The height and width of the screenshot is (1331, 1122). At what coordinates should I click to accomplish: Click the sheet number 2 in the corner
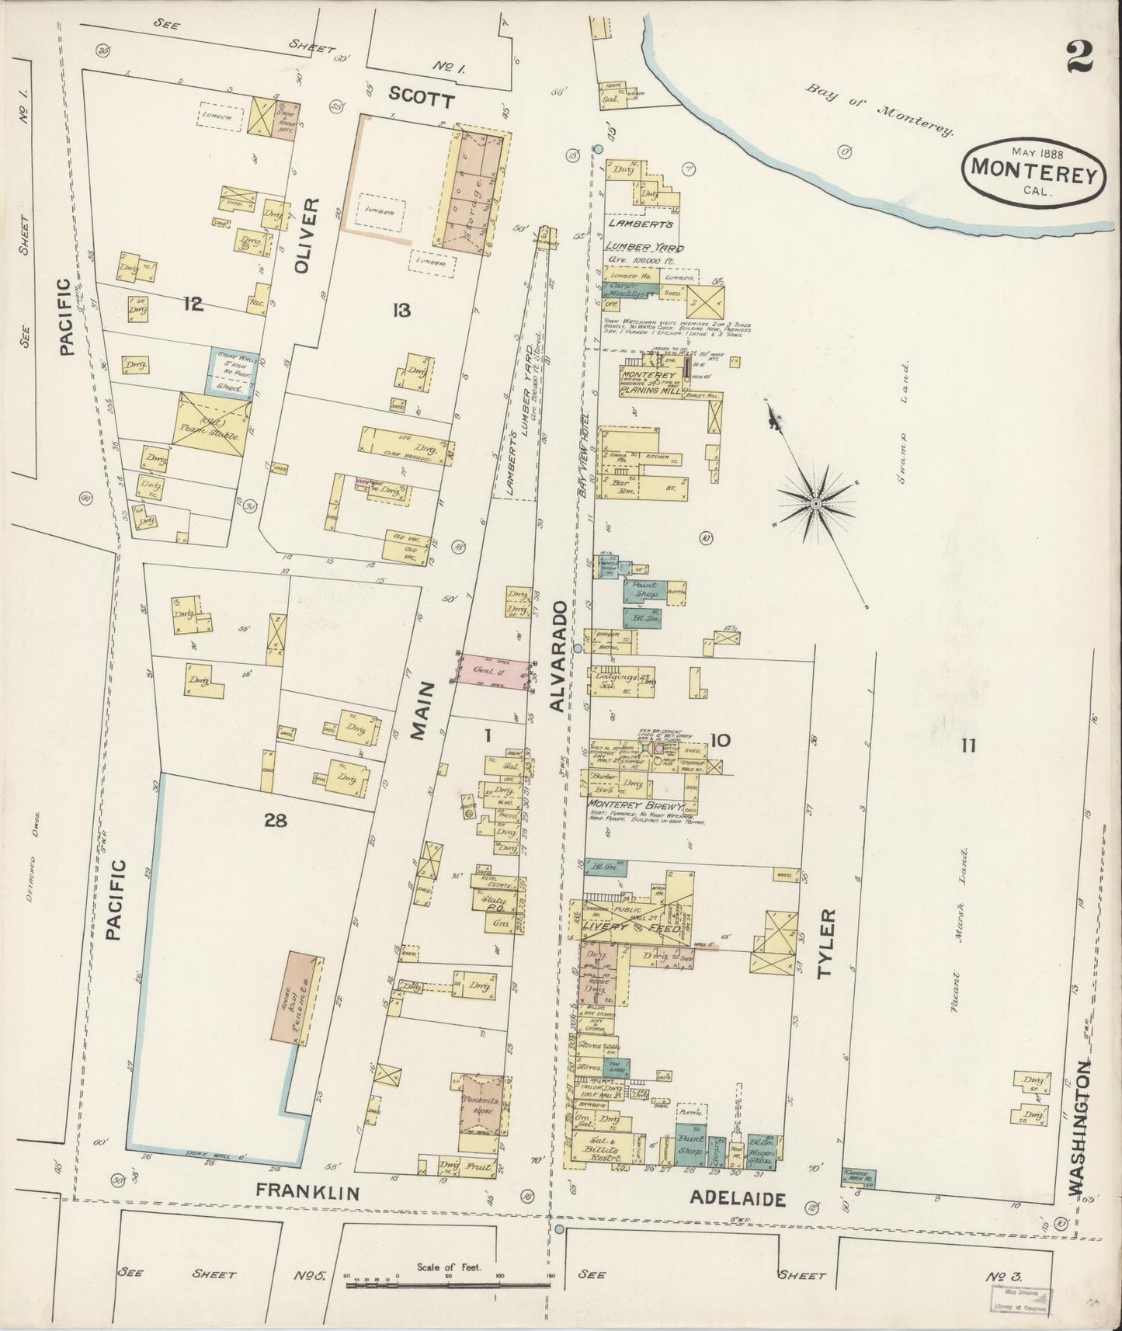pos(1079,56)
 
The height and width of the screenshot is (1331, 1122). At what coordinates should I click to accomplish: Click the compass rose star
pos(816,504)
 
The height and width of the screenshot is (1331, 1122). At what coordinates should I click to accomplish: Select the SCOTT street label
pos(421,97)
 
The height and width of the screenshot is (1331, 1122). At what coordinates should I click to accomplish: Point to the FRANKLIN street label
pos(307,1192)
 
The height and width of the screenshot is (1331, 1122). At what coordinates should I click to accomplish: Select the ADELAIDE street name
pos(738,1199)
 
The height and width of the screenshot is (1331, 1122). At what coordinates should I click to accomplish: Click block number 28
pos(275,820)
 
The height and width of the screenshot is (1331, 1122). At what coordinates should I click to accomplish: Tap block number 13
pos(401,311)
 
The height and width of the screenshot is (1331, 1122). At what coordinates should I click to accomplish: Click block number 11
pos(967,746)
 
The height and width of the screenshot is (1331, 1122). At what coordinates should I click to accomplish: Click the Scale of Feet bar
pos(448,1285)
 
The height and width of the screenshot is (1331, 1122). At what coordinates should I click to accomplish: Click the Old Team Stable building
pos(212,423)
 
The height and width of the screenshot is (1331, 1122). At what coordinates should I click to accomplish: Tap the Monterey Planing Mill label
pos(649,381)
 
